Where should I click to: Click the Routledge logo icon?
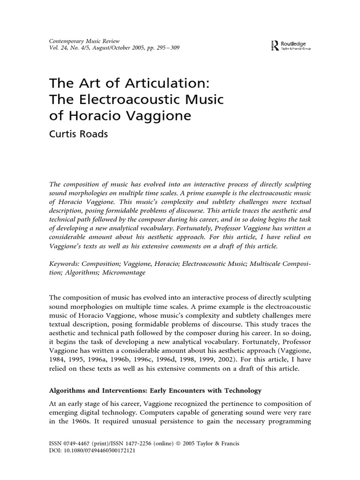coord(274,45)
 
